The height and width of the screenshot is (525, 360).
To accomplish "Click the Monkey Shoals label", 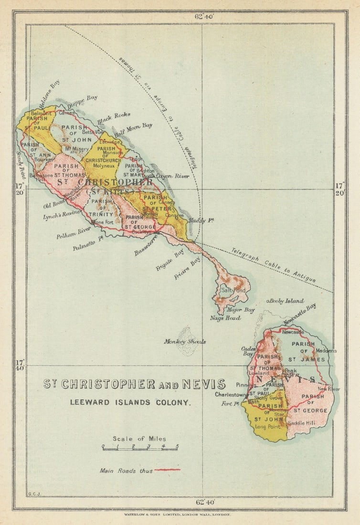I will point(185,341).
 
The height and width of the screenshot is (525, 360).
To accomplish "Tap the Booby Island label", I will point(286,301).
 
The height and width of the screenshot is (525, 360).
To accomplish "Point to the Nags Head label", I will point(225,318).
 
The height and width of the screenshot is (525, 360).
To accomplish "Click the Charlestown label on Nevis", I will point(231,395).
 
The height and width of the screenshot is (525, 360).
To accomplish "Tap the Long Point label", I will point(267,427).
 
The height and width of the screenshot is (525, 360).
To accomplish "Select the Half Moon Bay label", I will point(133,129).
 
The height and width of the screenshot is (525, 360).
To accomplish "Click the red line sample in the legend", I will point(167,470).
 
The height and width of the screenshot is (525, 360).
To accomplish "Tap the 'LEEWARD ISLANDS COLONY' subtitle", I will point(130,402).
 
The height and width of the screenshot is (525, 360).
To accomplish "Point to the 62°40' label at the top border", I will point(204,16).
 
